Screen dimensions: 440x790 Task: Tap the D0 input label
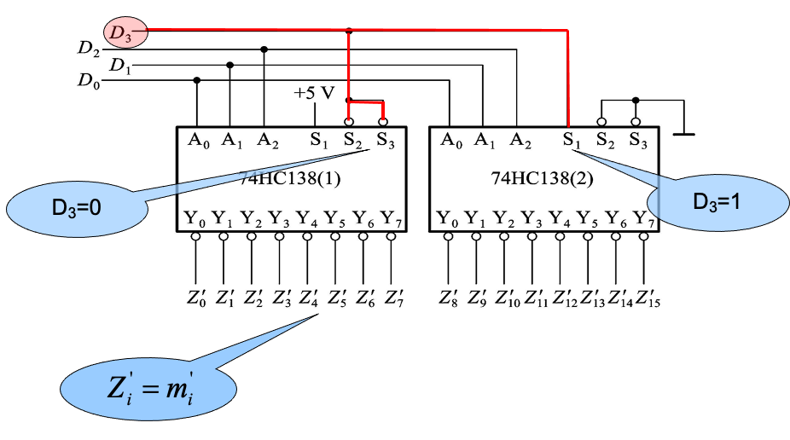89,81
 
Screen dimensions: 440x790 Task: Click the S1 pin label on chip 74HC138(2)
572,139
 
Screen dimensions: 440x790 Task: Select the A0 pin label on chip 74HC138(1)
198,139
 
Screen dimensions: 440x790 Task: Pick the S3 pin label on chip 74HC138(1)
385,139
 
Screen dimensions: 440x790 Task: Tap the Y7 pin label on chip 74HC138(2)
644,219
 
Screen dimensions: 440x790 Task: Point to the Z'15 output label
648,298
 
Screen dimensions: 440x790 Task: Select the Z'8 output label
450,298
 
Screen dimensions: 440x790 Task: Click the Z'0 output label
197,298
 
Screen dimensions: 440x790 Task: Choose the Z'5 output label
336,298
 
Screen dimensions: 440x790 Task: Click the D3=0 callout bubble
76,206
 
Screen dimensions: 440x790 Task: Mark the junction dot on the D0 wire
197,81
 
